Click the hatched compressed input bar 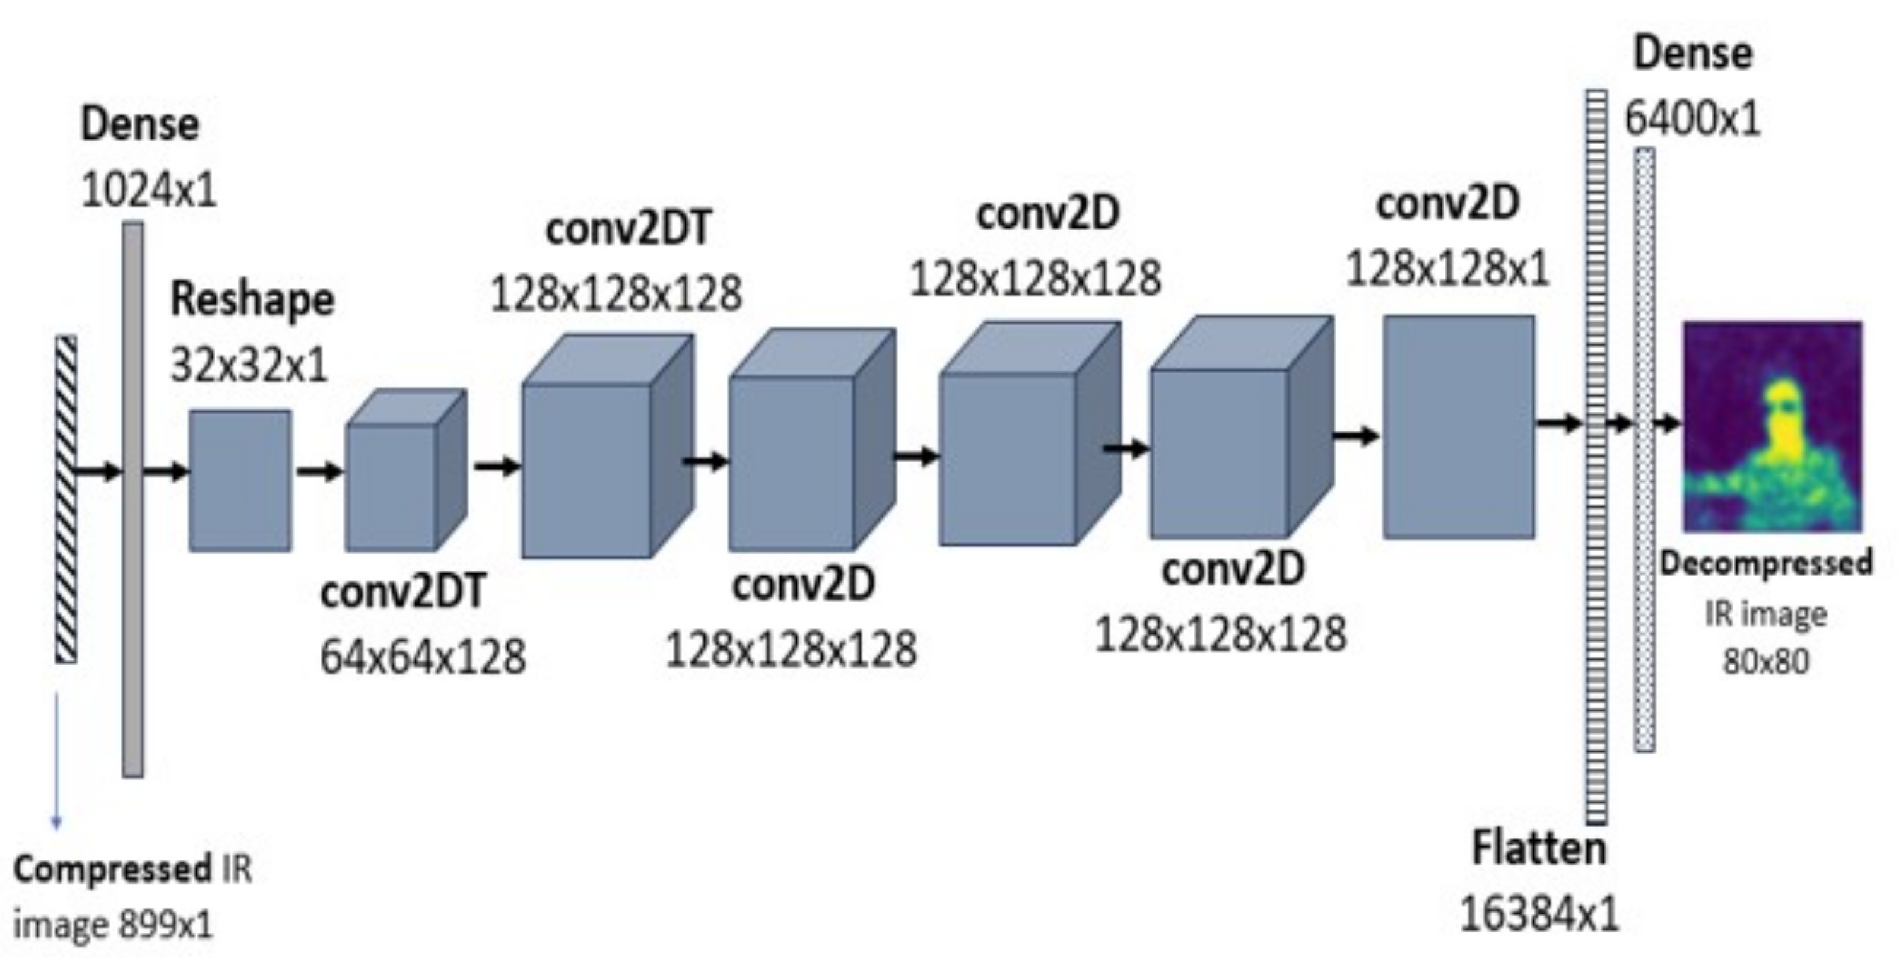click(66, 499)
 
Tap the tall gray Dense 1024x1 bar click(133, 499)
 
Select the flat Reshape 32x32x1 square click(240, 481)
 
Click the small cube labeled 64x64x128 click(406, 470)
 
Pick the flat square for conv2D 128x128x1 click(1458, 427)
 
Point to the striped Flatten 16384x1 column click(1596, 457)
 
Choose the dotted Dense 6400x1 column click(1644, 450)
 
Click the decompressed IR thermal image click(1772, 426)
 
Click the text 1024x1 click(149, 190)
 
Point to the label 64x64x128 click(423, 657)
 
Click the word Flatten click(1539, 848)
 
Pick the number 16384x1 click(1539, 914)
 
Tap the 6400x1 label click(1692, 118)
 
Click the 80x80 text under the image click(1766, 661)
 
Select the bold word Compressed click(112, 870)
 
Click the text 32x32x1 click(249, 365)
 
